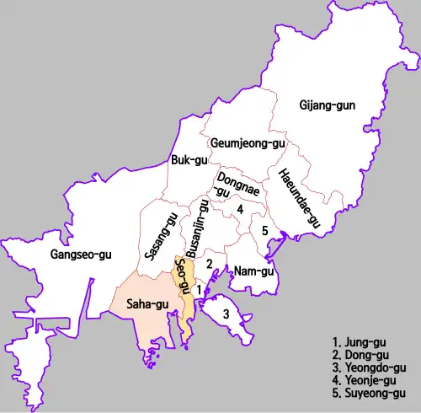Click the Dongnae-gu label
(231, 185)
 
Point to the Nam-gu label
(253, 271)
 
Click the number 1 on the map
(198, 289)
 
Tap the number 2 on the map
(209, 264)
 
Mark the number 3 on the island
(226, 314)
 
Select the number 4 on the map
(240, 209)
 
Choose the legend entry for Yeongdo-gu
(370, 368)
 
